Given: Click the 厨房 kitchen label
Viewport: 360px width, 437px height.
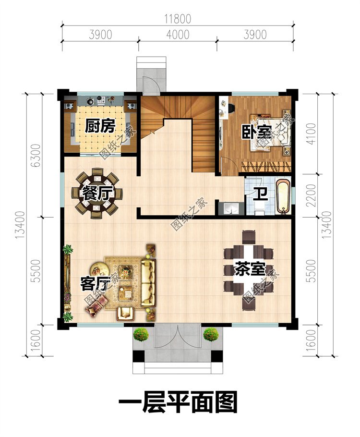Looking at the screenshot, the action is pyautogui.click(x=100, y=126).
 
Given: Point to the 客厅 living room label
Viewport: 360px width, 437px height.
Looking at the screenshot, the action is pyautogui.click(x=96, y=283).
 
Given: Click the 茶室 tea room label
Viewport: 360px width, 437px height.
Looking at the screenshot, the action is pyautogui.click(x=250, y=268).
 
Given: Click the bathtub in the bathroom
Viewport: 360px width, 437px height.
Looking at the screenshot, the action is pyautogui.click(x=283, y=197).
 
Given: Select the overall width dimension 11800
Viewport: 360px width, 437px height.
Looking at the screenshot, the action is pyautogui.click(x=178, y=19).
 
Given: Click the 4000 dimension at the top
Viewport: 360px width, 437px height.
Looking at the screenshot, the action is pyautogui.click(x=178, y=35).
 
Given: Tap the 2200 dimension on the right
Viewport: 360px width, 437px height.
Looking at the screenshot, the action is pyautogui.click(x=312, y=195).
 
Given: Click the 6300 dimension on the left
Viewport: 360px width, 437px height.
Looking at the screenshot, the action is pyautogui.click(x=36, y=155).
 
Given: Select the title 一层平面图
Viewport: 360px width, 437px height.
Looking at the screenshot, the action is pyautogui.click(x=178, y=402).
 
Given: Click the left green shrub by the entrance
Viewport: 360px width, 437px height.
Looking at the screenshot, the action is pyautogui.click(x=141, y=334).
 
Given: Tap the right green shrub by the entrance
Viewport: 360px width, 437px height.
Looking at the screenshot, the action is pyautogui.click(x=211, y=334).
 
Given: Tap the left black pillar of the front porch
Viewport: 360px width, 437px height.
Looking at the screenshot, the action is pyautogui.click(x=139, y=356).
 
